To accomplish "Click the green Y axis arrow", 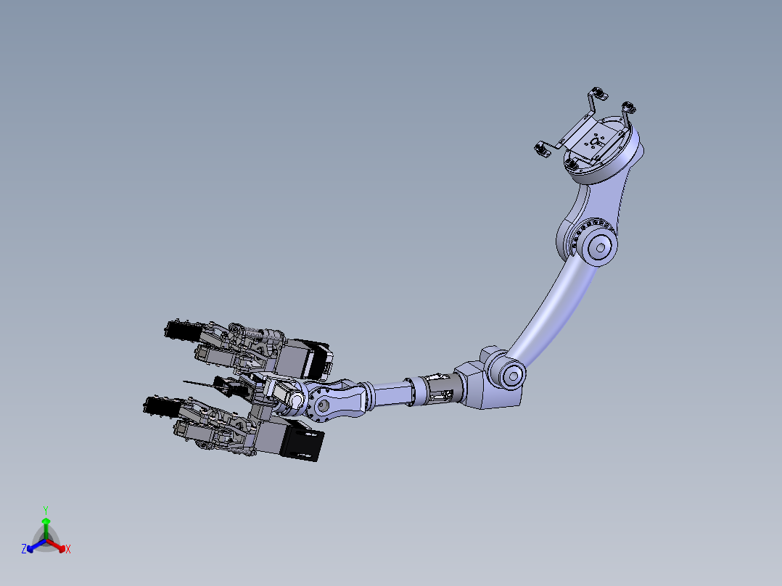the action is tap(46, 529).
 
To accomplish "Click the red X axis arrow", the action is tap(56, 545).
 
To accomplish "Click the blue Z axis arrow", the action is tap(36, 545).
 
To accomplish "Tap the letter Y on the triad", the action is tap(46, 511).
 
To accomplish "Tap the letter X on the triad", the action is tap(68, 549).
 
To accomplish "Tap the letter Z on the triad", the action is tap(23, 549).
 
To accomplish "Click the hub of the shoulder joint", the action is tap(600, 247).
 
